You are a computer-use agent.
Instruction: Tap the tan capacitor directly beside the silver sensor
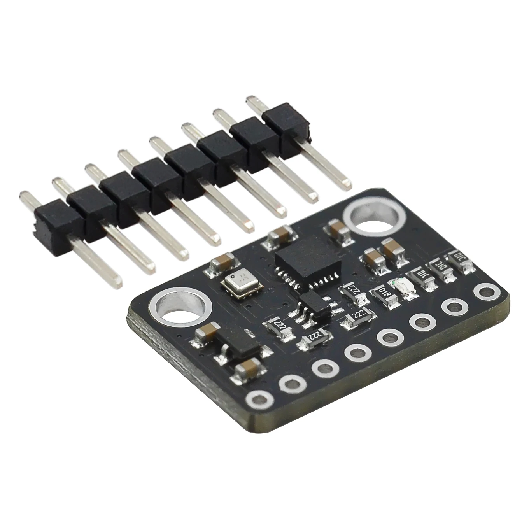(222, 264)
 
